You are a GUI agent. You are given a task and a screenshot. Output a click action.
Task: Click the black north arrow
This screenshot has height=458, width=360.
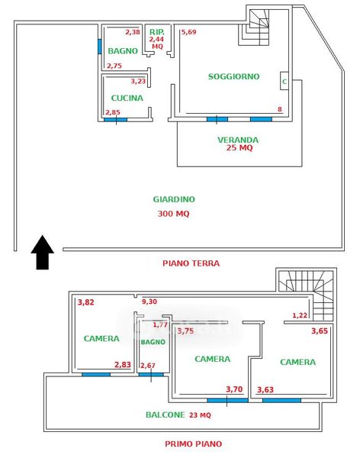[x=43, y=252]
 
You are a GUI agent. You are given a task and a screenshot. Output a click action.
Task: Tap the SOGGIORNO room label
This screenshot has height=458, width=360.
[x=233, y=76]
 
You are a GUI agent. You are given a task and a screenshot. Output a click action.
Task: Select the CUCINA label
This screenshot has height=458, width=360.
[x=127, y=98]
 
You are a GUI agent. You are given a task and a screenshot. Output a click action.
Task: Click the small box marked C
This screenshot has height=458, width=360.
[x=284, y=81]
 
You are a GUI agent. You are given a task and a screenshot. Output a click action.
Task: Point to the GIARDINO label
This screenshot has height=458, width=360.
[x=174, y=199]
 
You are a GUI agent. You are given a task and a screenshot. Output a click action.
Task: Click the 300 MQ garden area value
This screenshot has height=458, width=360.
[x=173, y=214]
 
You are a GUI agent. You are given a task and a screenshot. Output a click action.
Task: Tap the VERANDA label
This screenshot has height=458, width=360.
[x=238, y=140]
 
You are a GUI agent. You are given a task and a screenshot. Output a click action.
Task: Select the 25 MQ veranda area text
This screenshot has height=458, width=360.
[x=239, y=147]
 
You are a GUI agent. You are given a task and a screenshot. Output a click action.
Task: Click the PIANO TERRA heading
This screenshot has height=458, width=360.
[x=191, y=263]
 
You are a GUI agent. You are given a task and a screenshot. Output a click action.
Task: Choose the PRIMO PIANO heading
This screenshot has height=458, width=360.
[x=193, y=444]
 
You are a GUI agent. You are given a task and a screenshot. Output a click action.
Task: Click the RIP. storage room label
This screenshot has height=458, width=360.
[x=157, y=32]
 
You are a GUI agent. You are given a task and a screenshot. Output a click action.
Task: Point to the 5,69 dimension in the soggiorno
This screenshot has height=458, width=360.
[x=188, y=32]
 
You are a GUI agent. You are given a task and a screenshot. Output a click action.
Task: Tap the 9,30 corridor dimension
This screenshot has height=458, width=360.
[x=149, y=302]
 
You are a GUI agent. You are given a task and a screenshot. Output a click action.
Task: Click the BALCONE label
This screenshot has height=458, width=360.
[x=166, y=414]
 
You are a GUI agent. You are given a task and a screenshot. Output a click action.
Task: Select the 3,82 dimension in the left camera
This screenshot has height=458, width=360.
[x=86, y=302]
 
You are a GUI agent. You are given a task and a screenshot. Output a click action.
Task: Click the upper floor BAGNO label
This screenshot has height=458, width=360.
[x=153, y=342]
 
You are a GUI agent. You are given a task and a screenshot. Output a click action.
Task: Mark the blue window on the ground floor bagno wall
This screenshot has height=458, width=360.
[x=100, y=47]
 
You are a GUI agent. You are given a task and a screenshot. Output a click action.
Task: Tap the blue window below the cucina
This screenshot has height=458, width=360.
[x=116, y=120]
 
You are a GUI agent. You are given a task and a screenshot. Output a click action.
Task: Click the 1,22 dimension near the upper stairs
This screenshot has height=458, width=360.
[x=300, y=315]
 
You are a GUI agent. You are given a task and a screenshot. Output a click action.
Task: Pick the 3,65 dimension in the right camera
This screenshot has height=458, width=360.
[x=320, y=331]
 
